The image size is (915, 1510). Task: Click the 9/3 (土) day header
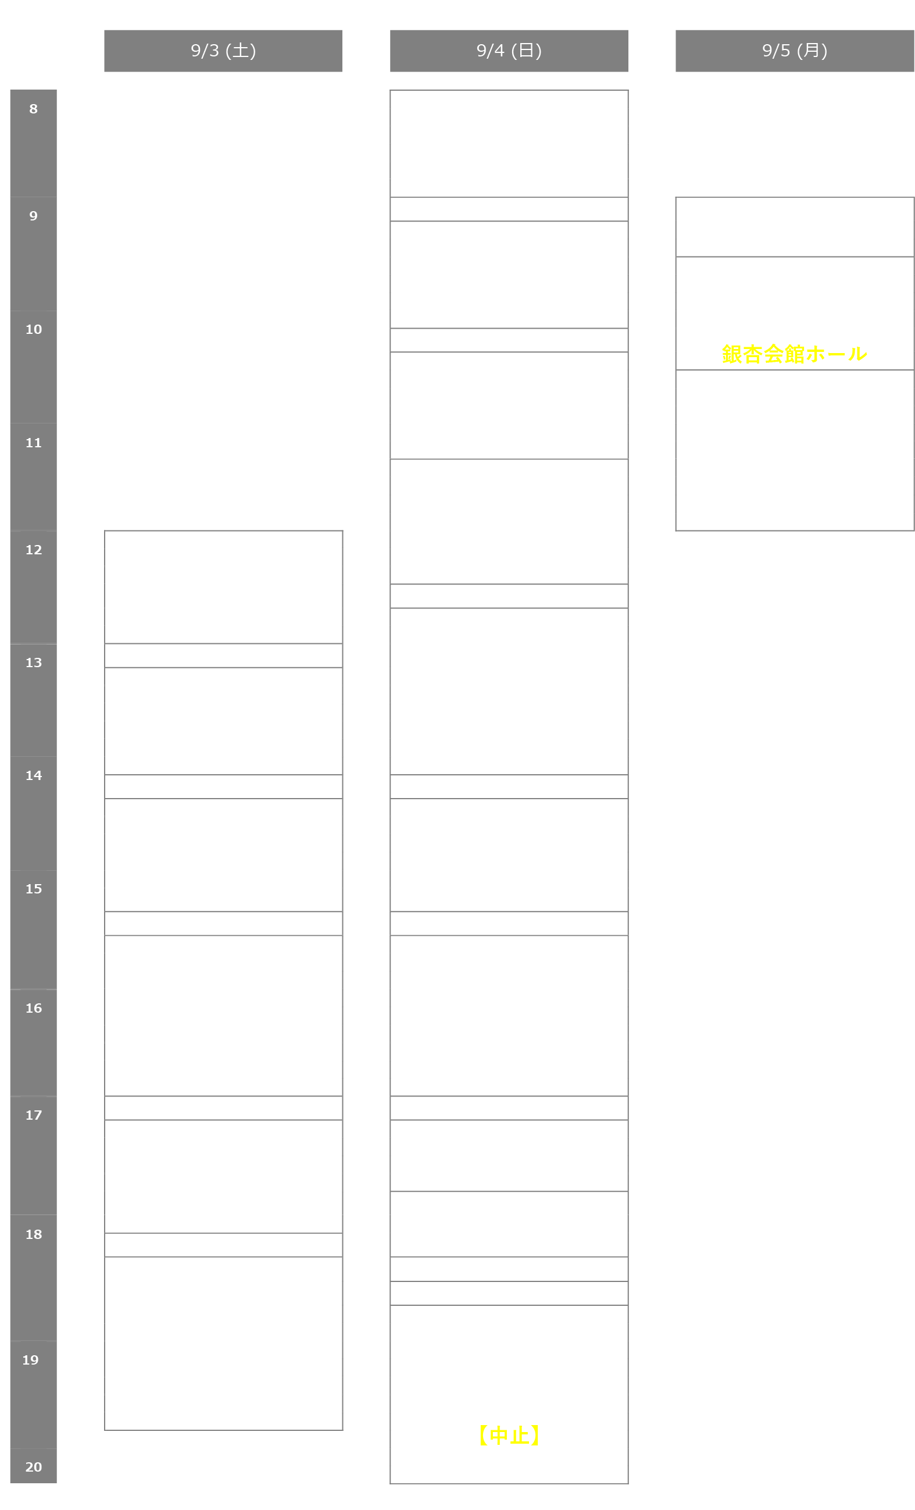coord(223,50)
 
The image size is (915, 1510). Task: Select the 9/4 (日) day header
coord(509,50)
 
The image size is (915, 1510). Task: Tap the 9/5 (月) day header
coord(794,50)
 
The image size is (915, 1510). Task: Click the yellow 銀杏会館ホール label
coord(794,354)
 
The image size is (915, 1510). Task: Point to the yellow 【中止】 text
coord(509,1435)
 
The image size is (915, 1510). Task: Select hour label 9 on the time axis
coord(34,216)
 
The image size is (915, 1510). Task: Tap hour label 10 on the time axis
coord(34,330)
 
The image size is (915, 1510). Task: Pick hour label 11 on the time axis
coord(34,443)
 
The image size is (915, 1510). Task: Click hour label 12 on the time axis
coord(34,550)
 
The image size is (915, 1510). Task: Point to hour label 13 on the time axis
coord(34,663)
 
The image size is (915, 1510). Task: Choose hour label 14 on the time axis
coord(34,776)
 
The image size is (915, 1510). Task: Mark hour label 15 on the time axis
coord(34,889)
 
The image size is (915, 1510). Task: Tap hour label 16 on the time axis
coord(34,1009)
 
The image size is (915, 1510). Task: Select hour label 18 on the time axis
coord(34,1235)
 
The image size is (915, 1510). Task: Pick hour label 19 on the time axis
coord(31,1361)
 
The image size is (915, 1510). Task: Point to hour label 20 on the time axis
coord(34,1467)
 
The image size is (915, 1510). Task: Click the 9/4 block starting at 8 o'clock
coord(509,144)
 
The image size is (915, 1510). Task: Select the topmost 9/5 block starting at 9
coord(794,227)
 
